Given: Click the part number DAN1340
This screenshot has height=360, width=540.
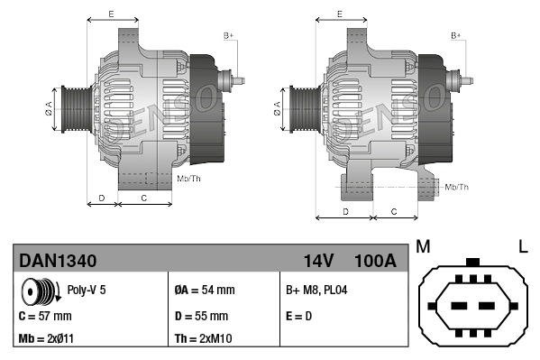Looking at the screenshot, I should click(58, 261).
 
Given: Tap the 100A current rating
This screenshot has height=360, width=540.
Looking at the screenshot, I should click(376, 261).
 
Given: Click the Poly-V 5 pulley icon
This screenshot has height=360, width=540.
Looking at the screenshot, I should click(39, 292).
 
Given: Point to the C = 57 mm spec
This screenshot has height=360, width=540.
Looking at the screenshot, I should click(45, 316).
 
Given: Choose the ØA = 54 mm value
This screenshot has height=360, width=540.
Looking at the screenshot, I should click(204, 291).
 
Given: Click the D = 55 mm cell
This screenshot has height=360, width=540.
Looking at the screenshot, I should click(200, 316).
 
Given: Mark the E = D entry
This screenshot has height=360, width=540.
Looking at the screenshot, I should click(299, 316).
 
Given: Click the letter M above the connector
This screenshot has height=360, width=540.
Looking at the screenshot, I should click(423, 245).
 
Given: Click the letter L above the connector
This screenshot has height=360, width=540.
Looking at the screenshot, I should click(523, 245).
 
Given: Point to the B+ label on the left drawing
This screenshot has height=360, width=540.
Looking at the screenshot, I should click(229, 35).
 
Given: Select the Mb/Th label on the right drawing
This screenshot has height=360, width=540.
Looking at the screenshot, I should click(457, 187).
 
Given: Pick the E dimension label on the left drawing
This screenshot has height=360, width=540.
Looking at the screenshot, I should click(111, 14).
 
